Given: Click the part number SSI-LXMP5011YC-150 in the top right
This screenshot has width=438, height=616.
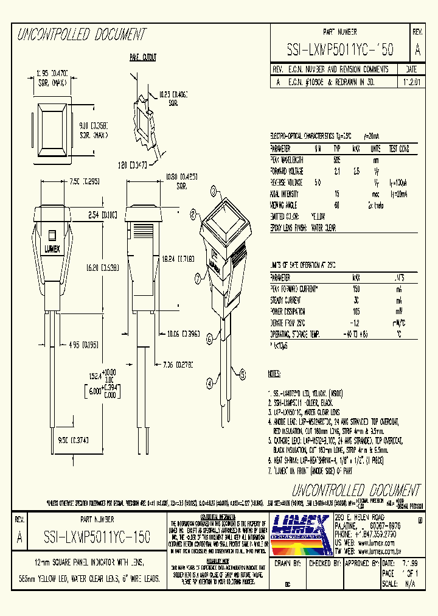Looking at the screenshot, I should (340, 51).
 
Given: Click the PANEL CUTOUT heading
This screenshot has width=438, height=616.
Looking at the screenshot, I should (142, 57).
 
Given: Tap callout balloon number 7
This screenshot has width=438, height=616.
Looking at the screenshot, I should (198, 279).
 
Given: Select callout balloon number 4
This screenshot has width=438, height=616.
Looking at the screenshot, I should (209, 383).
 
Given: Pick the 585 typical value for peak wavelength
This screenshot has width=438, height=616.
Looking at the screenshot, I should (336, 159).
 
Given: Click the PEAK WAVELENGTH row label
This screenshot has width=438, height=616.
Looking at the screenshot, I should (287, 159).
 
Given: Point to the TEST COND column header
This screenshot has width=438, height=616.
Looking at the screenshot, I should (398, 148).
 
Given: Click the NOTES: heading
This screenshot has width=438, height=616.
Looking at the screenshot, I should (274, 373).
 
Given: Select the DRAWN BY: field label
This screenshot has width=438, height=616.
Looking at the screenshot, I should (289, 564).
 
